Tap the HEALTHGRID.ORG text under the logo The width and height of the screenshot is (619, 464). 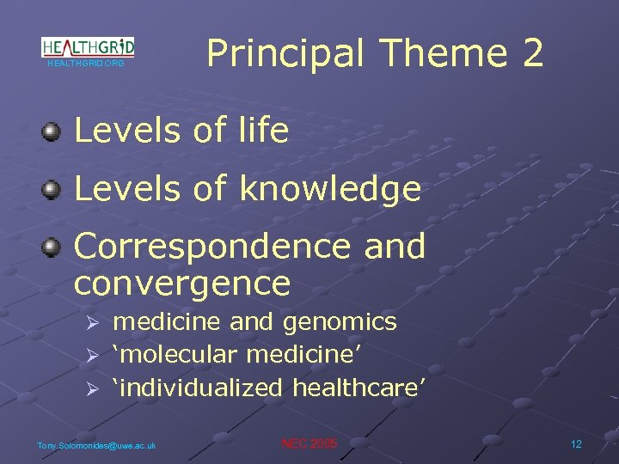coord(86,64)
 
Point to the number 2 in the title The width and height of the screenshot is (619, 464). coord(531,53)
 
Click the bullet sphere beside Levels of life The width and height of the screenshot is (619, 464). coord(52,131)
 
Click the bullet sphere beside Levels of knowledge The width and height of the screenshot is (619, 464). coord(52,188)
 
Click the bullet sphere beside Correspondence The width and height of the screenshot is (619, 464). coord(52,247)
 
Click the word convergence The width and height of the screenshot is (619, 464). coord(182,282)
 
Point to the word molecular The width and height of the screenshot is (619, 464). coord(178,355)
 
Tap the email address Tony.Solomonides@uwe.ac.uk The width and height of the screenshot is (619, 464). coord(96,445)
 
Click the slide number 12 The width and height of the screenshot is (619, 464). coord(576,443)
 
